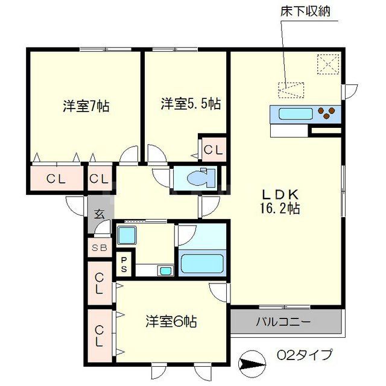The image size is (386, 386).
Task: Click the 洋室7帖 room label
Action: pyautogui.click(x=86, y=106)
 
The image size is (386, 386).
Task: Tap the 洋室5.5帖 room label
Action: pyautogui.click(x=190, y=104)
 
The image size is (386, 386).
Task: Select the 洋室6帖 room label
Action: pyautogui.click(x=171, y=321)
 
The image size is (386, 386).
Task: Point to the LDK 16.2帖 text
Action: pyautogui.click(x=280, y=202)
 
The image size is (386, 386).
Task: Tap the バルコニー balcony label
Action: pyautogui.click(x=286, y=321)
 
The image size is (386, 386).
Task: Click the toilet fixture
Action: pyautogui.click(x=197, y=179)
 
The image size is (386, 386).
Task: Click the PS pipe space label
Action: pyautogui.click(x=123, y=264)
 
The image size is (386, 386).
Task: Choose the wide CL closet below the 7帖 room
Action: pyautogui.click(x=56, y=179)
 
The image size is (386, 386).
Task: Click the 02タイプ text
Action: pyautogui.click(x=305, y=355)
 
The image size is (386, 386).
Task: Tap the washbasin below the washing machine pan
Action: pyautogui.click(x=164, y=271)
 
